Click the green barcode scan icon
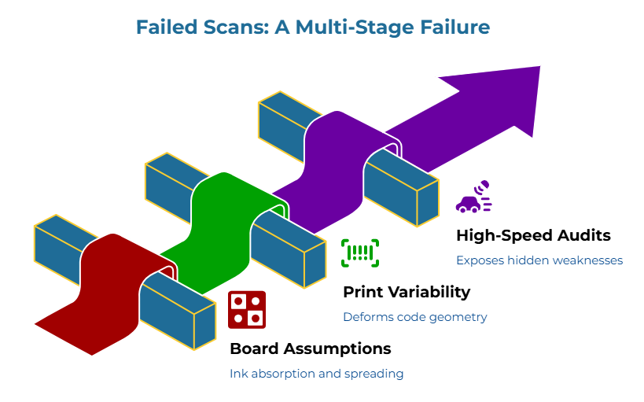click(360, 253)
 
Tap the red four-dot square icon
click(247, 309)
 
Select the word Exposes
click(480, 260)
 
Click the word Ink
click(237, 374)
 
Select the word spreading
click(374, 374)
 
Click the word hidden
click(535, 260)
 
